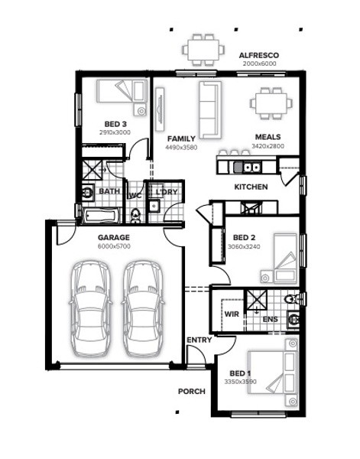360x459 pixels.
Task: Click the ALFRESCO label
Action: click(x=259, y=55)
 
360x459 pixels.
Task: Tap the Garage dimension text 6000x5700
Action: click(x=114, y=246)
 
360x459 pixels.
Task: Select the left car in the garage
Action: click(x=91, y=308)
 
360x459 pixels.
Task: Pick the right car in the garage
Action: click(x=143, y=308)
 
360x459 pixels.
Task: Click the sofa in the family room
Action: click(x=210, y=109)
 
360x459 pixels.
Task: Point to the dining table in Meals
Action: click(x=271, y=103)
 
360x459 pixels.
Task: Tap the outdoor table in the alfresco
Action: click(x=203, y=50)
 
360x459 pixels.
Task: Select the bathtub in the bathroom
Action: click(x=101, y=216)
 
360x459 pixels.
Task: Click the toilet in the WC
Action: click(x=135, y=216)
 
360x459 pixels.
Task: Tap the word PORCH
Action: click(x=192, y=392)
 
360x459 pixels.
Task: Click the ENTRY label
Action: click(x=199, y=340)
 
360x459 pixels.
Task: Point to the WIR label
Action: click(x=232, y=314)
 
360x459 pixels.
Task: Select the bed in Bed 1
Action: click(x=273, y=373)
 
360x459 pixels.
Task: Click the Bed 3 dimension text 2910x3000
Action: click(x=115, y=132)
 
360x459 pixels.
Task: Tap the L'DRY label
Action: click(x=167, y=192)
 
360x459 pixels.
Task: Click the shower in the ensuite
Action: click(x=257, y=299)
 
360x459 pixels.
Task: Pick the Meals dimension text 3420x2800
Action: click(x=268, y=146)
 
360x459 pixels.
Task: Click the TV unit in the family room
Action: click(x=160, y=109)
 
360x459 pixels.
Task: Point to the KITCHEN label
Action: click(x=251, y=187)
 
